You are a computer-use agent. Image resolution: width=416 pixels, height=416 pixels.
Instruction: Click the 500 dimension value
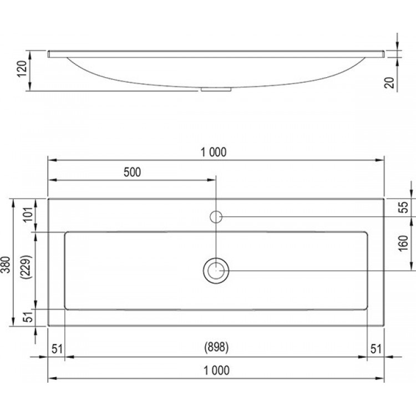click(132, 172)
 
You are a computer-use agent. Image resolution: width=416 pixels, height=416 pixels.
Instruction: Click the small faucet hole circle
click(216, 216)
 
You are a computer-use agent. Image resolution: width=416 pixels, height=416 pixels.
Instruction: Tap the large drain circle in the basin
click(216, 271)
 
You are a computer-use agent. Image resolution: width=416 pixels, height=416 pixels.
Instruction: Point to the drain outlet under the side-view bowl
click(217, 88)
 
